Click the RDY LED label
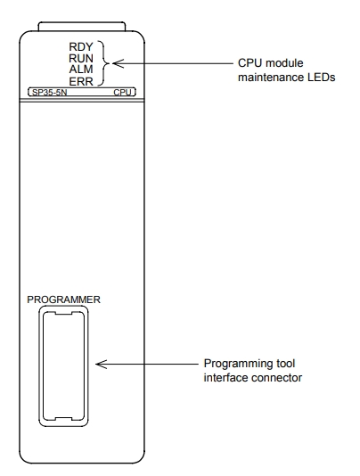coord(81,47)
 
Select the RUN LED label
coord(81,58)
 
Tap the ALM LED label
coord(81,70)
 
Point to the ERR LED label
coord(81,81)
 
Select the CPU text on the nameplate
coord(123,93)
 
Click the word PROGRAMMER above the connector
coord(63,300)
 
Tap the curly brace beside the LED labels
coord(104,63)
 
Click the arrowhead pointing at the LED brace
coord(119,63)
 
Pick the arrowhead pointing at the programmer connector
coord(102,364)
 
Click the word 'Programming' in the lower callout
coord(234,364)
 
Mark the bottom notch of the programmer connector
coord(63,419)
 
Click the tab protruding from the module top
coord(82,26)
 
